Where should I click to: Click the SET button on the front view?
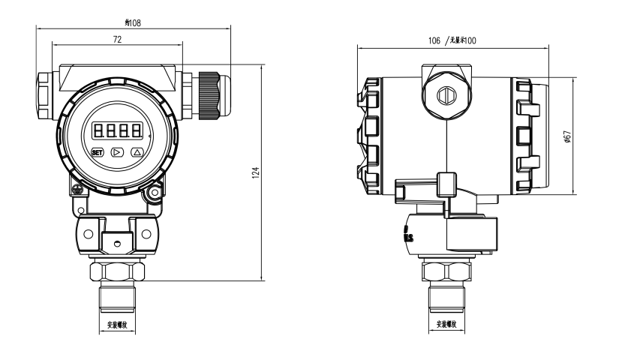(97, 151)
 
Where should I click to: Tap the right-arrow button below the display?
(116, 151)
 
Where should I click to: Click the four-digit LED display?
(117, 130)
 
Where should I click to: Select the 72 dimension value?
(117, 40)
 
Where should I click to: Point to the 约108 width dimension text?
(133, 23)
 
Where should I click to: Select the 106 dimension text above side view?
(434, 40)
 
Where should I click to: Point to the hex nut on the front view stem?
(116, 271)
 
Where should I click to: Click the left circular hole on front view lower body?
(89, 232)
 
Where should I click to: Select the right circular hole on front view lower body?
(146, 232)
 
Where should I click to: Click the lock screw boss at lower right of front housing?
(154, 194)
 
